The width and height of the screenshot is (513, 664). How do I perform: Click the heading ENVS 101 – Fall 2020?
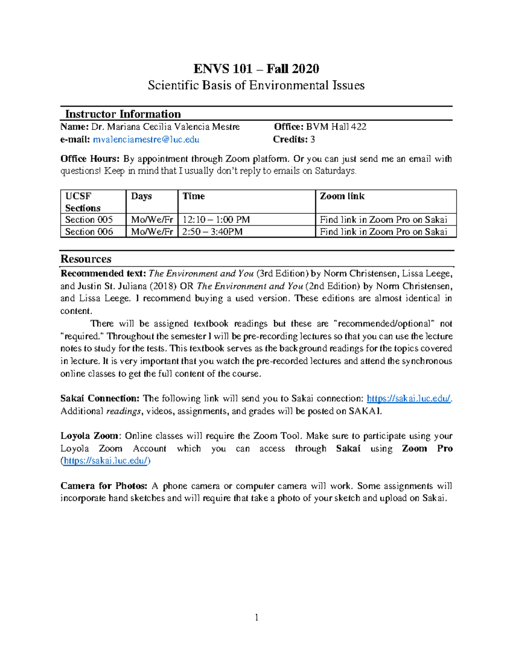[x=256, y=69]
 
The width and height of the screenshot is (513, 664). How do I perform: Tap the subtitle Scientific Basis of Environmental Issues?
[x=256, y=86]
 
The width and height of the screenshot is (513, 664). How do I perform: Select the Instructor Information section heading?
[x=123, y=114]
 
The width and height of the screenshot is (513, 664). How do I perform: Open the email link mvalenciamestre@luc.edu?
[x=146, y=139]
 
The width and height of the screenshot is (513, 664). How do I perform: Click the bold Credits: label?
[x=290, y=139]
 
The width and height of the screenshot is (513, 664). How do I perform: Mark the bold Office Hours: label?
[x=90, y=159]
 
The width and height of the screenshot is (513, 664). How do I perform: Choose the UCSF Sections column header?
[x=83, y=202]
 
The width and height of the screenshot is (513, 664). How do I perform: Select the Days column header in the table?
[x=142, y=196]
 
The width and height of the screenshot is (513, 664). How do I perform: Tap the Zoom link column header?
[x=342, y=196]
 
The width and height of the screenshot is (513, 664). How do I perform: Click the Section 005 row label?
[x=89, y=220]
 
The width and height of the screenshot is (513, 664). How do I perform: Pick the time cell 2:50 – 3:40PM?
[x=212, y=232]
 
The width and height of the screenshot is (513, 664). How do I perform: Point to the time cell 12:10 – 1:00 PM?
[x=216, y=220]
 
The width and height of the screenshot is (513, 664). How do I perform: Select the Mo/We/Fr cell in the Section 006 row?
[x=152, y=232]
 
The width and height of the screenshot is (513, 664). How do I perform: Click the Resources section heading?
[x=86, y=259]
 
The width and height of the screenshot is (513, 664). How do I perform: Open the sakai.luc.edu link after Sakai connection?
[x=409, y=398]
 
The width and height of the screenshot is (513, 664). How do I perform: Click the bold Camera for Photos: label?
[x=104, y=486]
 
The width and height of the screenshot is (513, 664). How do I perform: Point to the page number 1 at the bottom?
[x=256, y=617]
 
